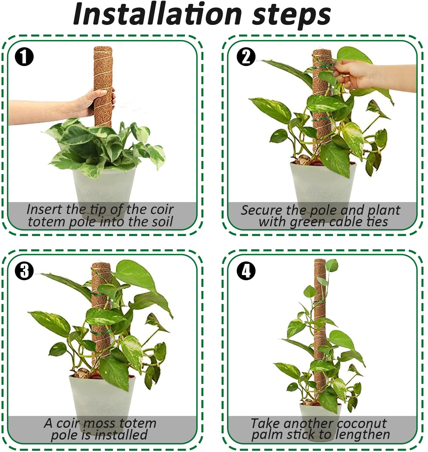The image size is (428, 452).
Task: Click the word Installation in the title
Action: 157,14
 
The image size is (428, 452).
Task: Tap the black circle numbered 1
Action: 24,57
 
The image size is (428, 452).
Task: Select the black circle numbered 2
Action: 246,57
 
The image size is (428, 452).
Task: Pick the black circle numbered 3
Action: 24,271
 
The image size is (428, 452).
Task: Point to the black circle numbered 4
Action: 246,271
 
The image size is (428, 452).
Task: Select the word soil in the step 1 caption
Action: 161,222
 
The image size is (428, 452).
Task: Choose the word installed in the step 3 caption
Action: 121,435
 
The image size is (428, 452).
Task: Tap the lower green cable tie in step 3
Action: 101,332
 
